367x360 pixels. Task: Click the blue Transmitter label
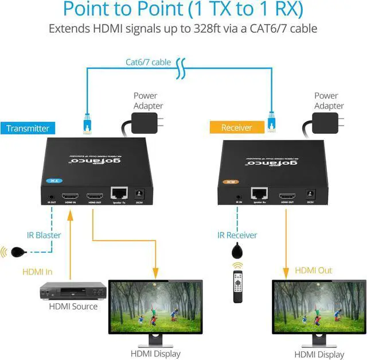(28, 128)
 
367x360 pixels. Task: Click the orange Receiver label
(237, 127)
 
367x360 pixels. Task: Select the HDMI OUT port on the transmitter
(94, 196)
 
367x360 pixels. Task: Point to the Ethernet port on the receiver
(259, 194)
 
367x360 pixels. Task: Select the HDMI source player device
(73, 291)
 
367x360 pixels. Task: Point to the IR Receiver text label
(237, 235)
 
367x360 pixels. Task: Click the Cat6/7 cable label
(148, 62)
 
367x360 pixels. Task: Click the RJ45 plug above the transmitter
(88, 122)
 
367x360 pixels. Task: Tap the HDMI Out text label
(313, 270)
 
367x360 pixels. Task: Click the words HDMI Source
(73, 307)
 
